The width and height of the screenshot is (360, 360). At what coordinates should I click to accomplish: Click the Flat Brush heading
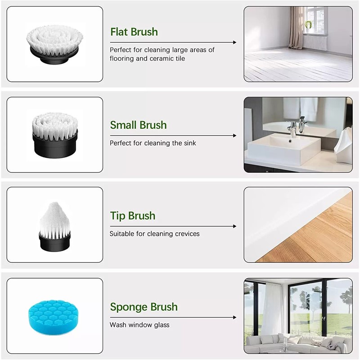pyautogui.click(x=134, y=32)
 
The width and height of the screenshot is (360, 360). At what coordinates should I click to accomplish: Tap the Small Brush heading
pyautogui.click(x=139, y=125)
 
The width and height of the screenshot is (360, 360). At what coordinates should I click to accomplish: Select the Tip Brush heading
pyautogui.click(x=133, y=216)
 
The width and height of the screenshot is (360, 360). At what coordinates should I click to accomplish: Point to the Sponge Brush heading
pyautogui.click(x=144, y=307)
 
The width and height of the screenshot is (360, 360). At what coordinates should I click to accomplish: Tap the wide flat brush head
pyautogui.click(x=55, y=44)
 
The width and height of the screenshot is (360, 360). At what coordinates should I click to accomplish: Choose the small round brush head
pyautogui.click(x=55, y=134)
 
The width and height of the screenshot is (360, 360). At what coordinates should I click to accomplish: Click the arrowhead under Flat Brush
pyautogui.click(x=234, y=42)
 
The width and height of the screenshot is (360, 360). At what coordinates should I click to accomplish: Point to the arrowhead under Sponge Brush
pyautogui.click(x=234, y=318)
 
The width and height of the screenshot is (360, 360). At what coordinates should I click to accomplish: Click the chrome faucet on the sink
pyautogui.click(x=292, y=129)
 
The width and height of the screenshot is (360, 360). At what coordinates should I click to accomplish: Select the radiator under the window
pyautogui.click(x=315, y=43)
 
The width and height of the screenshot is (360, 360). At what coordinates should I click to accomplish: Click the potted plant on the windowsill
pyautogui.click(x=308, y=25)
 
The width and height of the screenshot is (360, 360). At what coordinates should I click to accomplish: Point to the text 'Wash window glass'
pyautogui.click(x=139, y=325)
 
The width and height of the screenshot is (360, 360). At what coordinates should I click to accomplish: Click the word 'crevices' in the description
pyautogui.click(x=187, y=234)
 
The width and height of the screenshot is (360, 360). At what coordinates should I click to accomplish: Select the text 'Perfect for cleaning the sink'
pyautogui.click(x=153, y=143)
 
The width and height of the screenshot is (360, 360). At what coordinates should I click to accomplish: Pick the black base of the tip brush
pyautogui.click(x=54, y=242)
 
